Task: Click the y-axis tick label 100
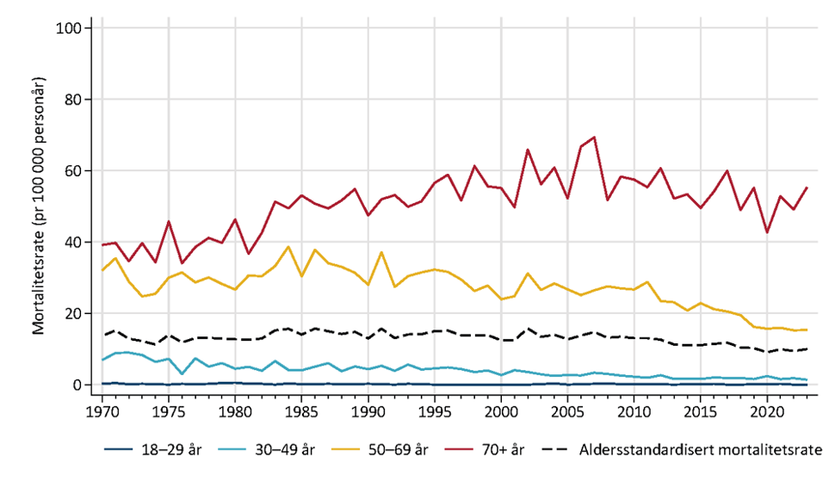[69, 28]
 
